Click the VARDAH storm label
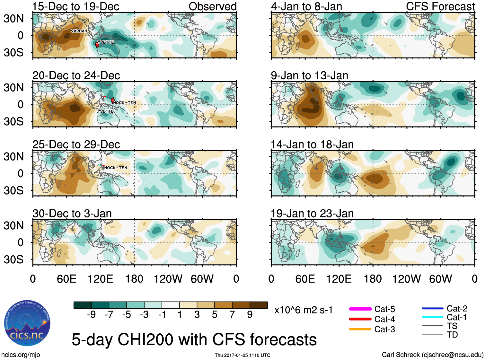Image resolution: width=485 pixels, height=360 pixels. click(x=79, y=31)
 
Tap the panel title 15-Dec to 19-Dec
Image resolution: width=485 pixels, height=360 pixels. click(x=76, y=6)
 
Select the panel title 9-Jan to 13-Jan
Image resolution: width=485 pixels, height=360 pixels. click(x=309, y=75)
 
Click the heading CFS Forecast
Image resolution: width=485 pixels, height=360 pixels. click(x=440, y=6)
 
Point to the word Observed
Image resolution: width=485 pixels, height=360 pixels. click(x=212, y=6)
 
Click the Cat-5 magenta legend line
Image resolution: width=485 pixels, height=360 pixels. click(x=360, y=309)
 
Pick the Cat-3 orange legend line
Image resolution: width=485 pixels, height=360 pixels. click(x=360, y=329)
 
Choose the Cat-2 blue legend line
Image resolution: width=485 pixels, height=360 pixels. click(x=432, y=309)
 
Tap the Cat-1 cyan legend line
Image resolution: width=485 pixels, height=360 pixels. click(x=432, y=317)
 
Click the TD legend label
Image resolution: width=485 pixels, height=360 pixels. click(x=452, y=335)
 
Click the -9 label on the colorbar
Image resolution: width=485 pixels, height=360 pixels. click(x=91, y=315)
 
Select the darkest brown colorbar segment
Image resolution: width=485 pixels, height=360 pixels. click(x=259, y=305)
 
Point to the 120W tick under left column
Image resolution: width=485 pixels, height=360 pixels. click(x=168, y=279)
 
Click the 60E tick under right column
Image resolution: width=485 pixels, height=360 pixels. click(x=305, y=279)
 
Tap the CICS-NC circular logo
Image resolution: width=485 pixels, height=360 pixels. click(x=27, y=323)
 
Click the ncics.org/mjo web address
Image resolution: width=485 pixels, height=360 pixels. click(x=21, y=355)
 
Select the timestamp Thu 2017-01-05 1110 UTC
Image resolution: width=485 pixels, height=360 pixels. click(x=242, y=355)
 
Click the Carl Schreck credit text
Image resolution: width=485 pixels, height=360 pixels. click(x=432, y=355)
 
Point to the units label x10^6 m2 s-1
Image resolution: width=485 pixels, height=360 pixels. click(x=303, y=310)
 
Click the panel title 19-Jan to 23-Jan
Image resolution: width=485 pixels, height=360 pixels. click(x=312, y=214)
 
